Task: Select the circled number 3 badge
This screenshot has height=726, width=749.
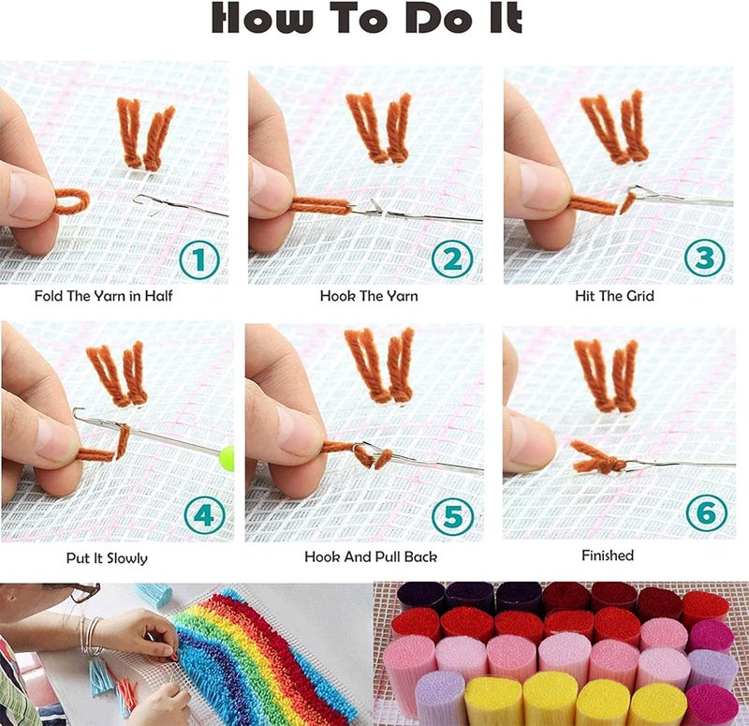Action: [704, 258]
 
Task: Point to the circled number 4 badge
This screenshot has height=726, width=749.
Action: [204, 514]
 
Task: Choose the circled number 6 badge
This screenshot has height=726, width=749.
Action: [704, 512]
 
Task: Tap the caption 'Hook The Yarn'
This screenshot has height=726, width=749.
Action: [369, 297]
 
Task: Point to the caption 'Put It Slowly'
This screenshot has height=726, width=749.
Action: [107, 558]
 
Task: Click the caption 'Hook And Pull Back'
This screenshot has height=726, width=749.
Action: [371, 556]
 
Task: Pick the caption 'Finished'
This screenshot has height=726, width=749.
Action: [608, 556]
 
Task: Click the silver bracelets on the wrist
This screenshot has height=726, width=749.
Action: [90, 637]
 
